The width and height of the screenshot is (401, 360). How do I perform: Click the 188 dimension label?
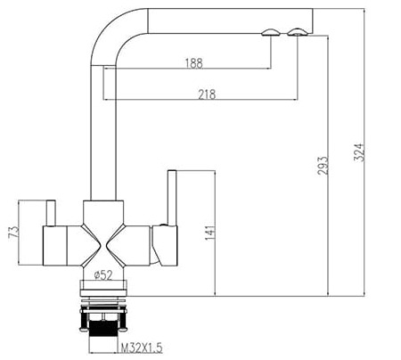pyautogui.click(x=193, y=62)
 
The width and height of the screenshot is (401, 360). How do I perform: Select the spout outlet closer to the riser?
pyautogui.click(x=269, y=34)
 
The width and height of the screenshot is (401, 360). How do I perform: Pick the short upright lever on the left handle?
pyautogui.click(x=50, y=213)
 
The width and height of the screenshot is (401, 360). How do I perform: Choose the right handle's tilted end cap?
pyautogui.click(x=167, y=244)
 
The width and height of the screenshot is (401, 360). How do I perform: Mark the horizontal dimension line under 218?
pyautogui.click(x=200, y=100)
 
